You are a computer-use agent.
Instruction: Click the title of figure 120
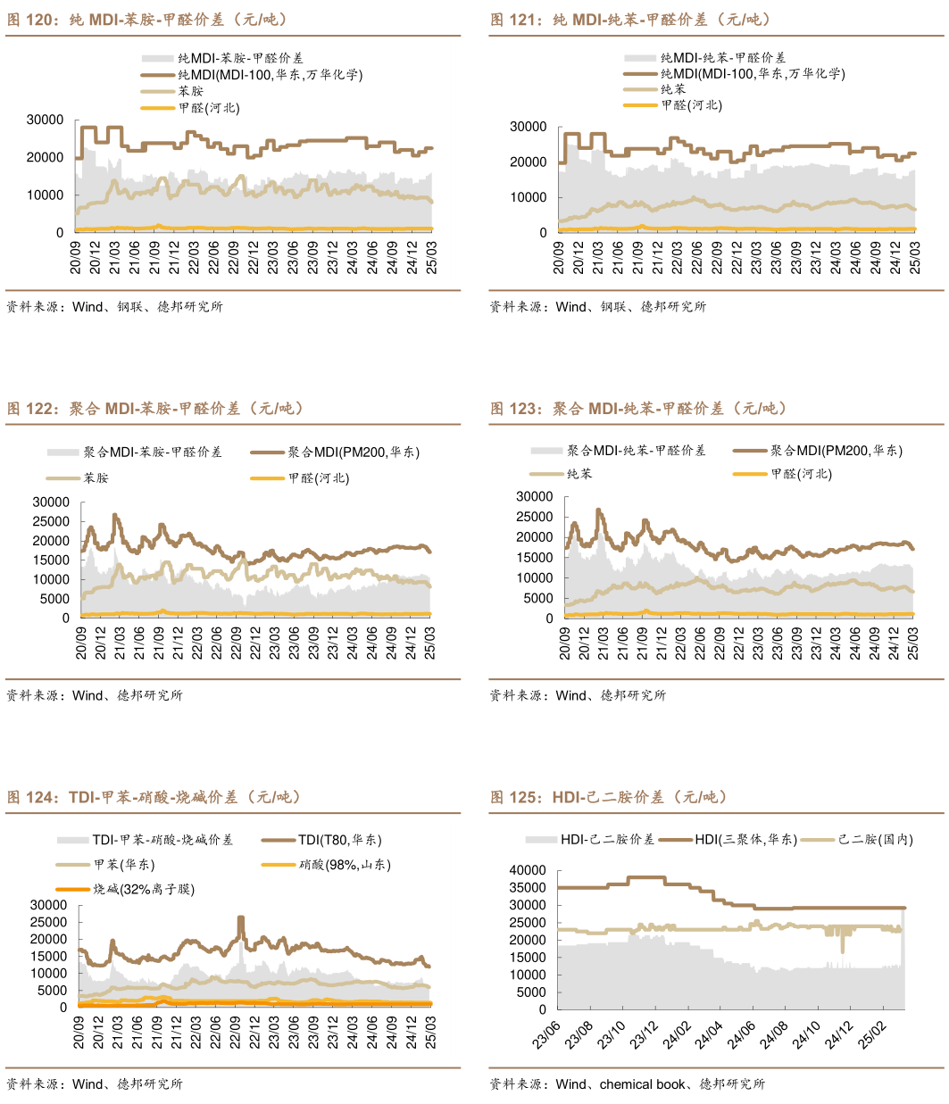point(147,20)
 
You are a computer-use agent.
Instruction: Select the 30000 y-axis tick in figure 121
point(528,127)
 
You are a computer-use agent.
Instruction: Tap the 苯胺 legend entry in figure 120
point(190,91)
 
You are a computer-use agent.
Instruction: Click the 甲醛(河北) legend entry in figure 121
point(691,105)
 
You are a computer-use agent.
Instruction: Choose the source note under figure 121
point(597,306)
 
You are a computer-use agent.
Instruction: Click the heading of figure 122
point(155,409)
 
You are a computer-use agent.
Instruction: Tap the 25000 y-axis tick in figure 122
point(51,522)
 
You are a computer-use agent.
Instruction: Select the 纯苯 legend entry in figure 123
point(579,474)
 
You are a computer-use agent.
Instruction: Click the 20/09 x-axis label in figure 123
point(564,643)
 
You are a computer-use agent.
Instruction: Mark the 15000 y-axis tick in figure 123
point(534,558)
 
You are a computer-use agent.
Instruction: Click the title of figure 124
point(154,797)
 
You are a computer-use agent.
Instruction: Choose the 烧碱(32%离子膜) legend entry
point(143,889)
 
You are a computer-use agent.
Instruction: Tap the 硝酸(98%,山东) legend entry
point(345,865)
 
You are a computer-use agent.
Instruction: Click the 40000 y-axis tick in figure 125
point(527,870)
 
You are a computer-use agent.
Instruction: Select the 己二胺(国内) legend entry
point(875,840)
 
